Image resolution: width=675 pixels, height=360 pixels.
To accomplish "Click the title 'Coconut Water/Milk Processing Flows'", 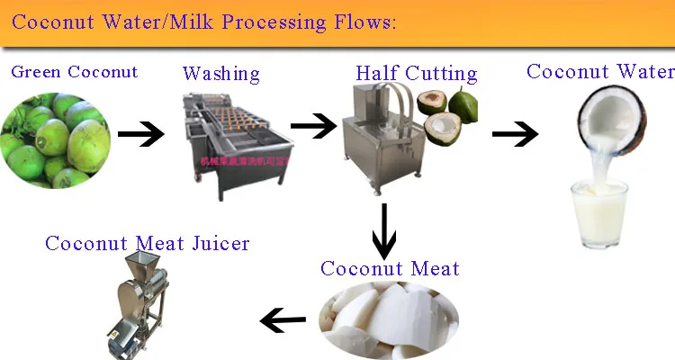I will coord(203,22).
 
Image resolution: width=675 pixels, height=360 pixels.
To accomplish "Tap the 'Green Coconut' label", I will coord(75,72).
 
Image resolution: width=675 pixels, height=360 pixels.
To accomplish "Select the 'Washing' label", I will coord(220,74).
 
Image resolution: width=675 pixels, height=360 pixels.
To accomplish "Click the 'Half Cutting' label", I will coord(416,73).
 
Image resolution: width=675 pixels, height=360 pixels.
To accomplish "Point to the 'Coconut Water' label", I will coord(599,71).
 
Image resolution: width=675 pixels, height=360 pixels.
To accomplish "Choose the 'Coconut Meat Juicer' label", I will coord(148,243).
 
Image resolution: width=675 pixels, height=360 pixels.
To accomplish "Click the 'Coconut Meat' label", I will coord(390,268).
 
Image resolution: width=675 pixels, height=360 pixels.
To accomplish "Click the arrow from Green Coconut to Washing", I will coord(141,135).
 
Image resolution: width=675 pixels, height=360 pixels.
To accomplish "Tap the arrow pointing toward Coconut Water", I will coord(515,135).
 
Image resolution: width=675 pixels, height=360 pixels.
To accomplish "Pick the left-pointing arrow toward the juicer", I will coord(283,318).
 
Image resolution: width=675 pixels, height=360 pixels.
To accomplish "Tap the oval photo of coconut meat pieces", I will coord(389,316).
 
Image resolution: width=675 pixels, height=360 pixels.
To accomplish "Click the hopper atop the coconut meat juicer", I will coord(140,266).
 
